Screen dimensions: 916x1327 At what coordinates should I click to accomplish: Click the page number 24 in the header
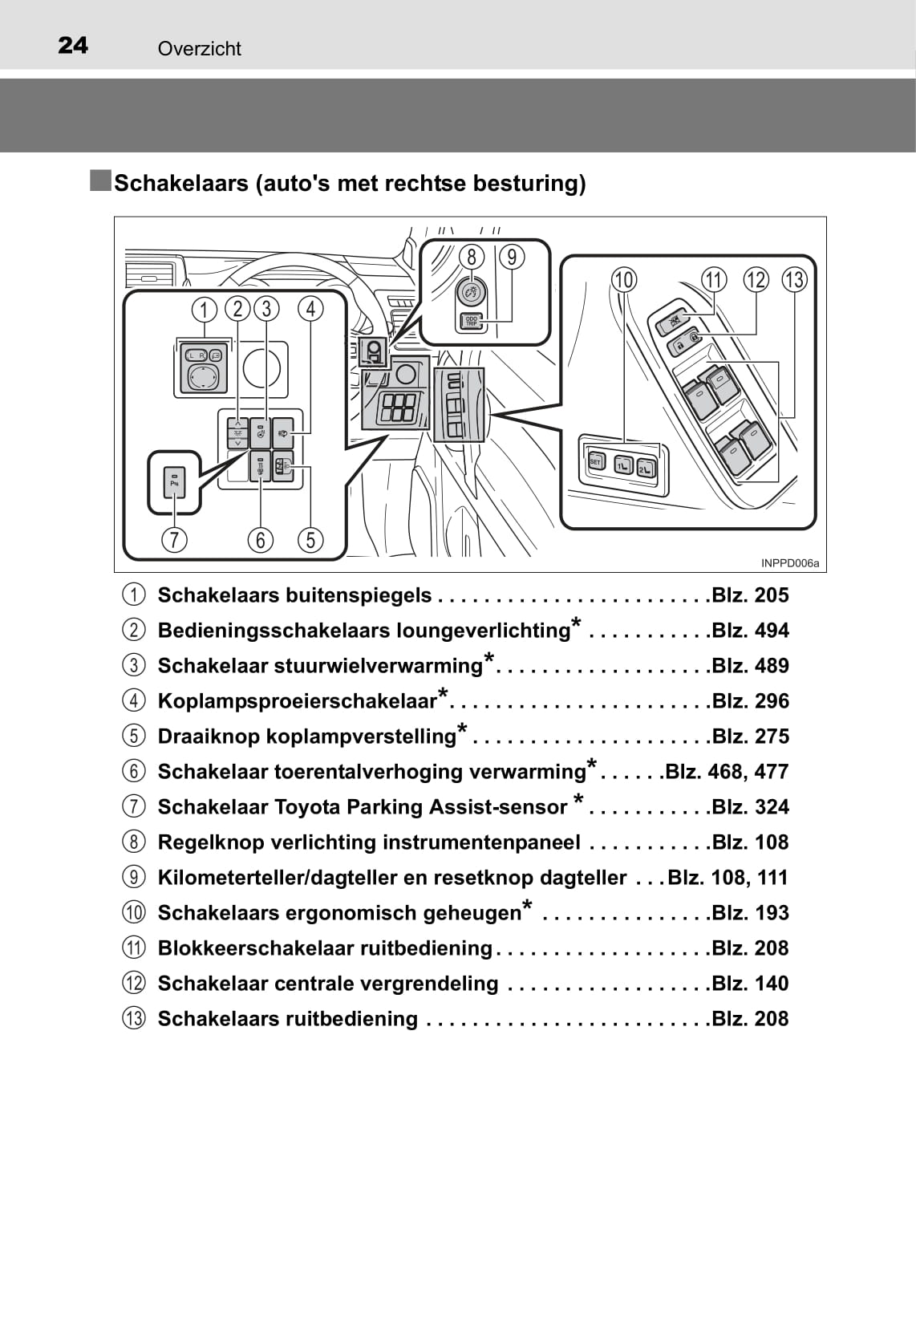(x=73, y=46)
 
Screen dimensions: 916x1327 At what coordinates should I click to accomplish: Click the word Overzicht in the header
(x=200, y=49)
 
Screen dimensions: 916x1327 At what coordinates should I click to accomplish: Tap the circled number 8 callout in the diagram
(x=472, y=257)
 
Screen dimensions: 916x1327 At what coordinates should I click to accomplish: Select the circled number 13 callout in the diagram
(x=794, y=280)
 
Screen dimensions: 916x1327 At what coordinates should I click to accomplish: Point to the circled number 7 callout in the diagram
(x=174, y=540)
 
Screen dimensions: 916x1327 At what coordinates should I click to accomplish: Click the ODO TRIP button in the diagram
(x=472, y=321)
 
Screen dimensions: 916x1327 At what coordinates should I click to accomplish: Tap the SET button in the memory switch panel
(x=595, y=461)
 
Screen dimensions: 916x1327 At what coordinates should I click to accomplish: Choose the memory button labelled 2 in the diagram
(x=646, y=469)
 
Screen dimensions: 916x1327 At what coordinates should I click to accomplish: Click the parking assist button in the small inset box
(x=174, y=482)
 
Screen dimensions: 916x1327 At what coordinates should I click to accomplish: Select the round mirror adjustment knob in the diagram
(x=202, y=376)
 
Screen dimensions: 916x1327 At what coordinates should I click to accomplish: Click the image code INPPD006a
(x=790, y=563)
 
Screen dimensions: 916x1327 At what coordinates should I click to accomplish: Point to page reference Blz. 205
(x=750, y=595)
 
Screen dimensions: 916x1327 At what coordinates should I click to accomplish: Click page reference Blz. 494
(x=750, y=631)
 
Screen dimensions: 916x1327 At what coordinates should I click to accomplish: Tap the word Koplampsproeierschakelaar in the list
(x=298, y=701)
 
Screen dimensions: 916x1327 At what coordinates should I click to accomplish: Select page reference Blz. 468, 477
(x=728, y=772)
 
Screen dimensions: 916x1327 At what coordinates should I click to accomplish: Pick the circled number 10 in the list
(x=134, y=912)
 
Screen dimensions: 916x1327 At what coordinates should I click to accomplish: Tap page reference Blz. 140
(x=750, y=984)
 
